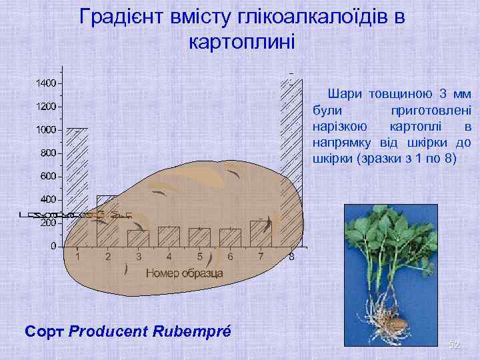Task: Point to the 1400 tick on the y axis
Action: click(45, 83)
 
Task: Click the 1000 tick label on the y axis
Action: click(45, 130)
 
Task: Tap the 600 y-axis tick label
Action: click(47, 177)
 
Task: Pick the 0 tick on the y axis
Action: click(53, 247)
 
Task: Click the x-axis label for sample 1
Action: click(78, 257)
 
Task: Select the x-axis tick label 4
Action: click(169, 257)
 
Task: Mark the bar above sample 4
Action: click(169, 237)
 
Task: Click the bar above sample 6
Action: click(230, 237)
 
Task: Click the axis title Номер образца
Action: click(184, 273)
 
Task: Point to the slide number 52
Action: click(454, 345)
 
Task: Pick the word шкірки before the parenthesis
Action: click(335, 159)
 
